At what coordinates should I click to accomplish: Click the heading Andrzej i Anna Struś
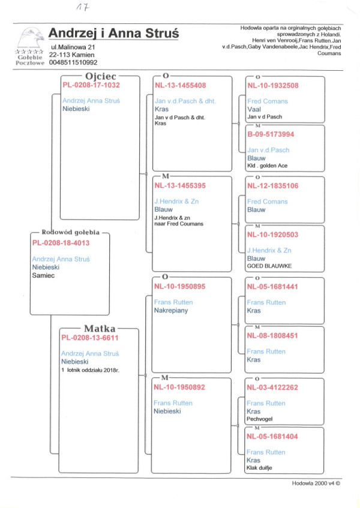pos(114,33)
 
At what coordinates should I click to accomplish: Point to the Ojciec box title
pos(100,76)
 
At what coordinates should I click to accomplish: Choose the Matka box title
pos(100,328)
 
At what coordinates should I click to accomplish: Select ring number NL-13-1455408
pos(180,85)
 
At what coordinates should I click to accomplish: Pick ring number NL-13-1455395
pos(180,185)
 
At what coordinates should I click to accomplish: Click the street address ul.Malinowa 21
pos(72,46)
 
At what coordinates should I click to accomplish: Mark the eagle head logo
pos(29,38)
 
